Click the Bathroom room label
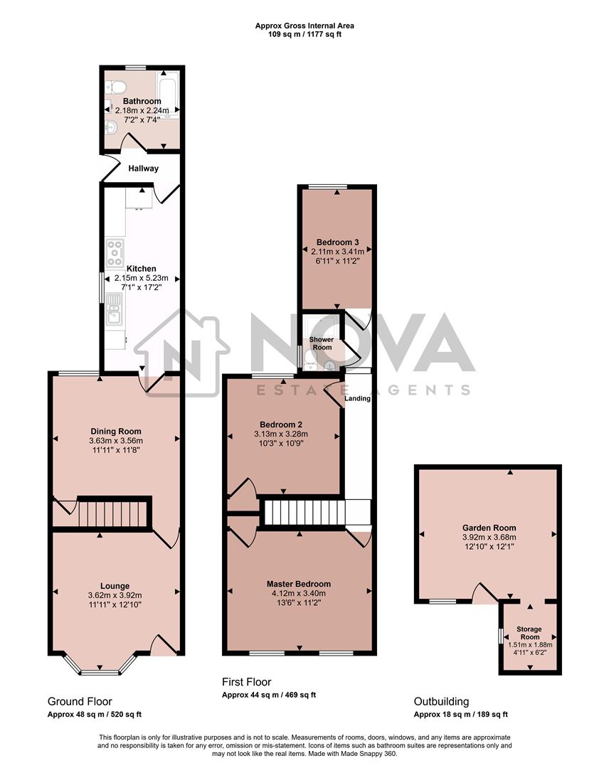[x=142, y=102]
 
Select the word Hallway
[x=143, y=169]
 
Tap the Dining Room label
[x=115, y=431]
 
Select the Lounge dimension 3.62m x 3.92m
[x=115, y=595]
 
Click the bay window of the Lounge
[x=100, y=667]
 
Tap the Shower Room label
[x=321, y=343]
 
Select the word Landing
[x=357, y=398]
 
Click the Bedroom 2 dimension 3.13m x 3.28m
[x=283, y=434]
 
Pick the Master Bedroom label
[x=299, y=584]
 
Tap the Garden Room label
[x=488, y=528]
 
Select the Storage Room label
[x=529, y=633]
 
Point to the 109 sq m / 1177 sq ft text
[x=304, y=34]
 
